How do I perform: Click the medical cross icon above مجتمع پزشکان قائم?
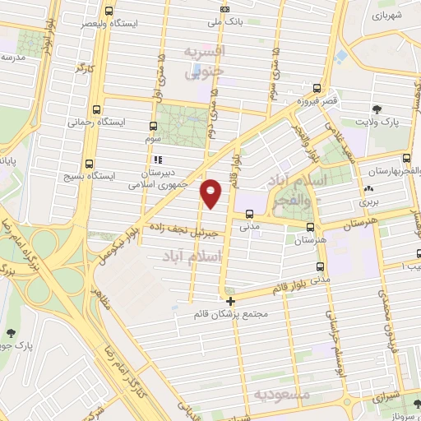[231, 301]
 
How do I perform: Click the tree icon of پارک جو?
[10, 333]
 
